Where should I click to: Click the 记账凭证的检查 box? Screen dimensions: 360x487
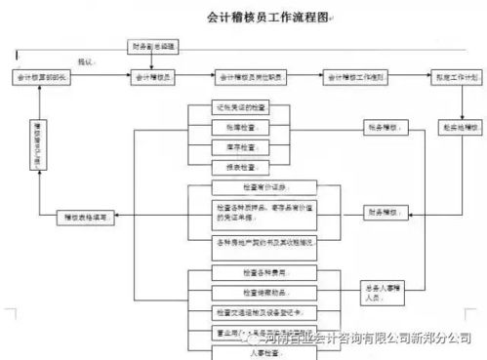pos(237,106)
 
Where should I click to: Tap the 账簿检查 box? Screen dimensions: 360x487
pos(237,127)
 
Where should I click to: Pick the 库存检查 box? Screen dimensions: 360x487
pos(237,147)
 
